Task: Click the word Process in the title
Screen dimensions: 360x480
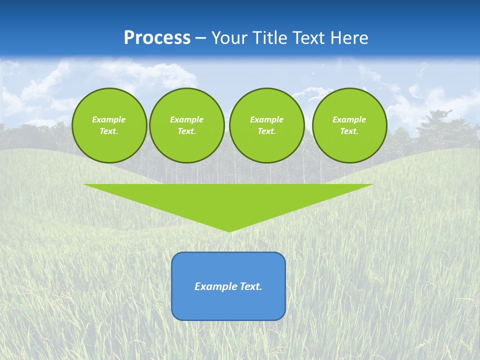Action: pyautogui.click(x=157, y=38)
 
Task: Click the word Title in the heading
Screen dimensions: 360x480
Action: pyautogui.click(x=269, y=38)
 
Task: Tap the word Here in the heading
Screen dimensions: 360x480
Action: pyautogui.click(x=349, y=38)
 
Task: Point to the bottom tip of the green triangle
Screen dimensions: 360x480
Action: pyautogui.click(x=229, y=231)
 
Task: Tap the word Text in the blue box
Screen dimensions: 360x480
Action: pyautogui.click(x=251, y=286)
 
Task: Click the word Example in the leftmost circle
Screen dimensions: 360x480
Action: pyautogui.click(x=109, y=119)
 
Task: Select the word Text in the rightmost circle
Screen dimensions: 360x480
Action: pyautogui.click(x=349, y=131)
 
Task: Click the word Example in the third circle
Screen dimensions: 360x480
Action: pyautogui.click(x=266, y=119)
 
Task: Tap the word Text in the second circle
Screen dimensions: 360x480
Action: pyautogui.click(x=186, y=131)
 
